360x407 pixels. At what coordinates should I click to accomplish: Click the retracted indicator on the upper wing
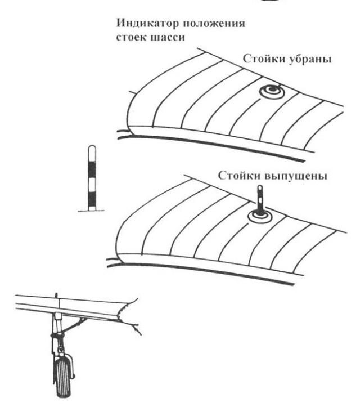click(x=269, y=92)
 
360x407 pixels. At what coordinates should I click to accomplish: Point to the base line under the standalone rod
click(x=89, y=209)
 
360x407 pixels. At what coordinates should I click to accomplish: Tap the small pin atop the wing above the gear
click(x=57, y=295)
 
